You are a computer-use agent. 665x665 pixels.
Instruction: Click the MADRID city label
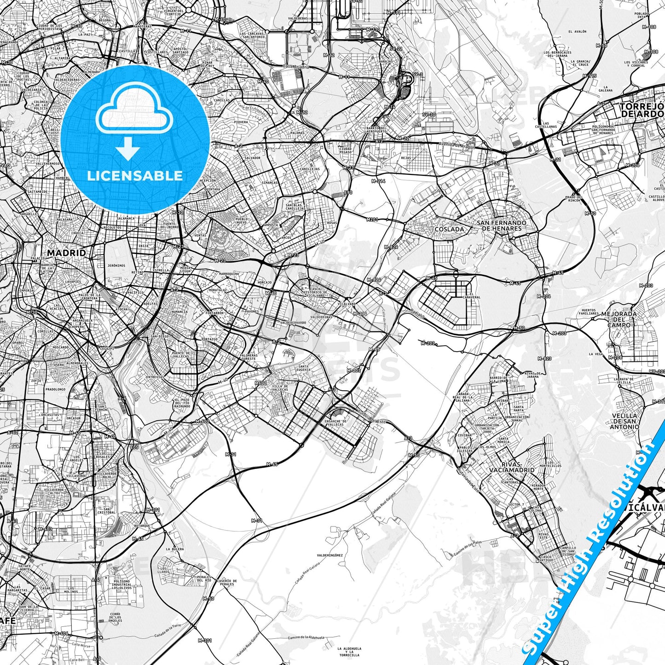66,253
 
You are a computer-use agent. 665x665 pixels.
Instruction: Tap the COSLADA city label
449,229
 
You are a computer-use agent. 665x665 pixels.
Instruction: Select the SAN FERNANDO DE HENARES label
501,226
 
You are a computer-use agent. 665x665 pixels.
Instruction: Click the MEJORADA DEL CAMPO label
619,319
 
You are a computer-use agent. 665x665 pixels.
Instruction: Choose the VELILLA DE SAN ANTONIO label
625,421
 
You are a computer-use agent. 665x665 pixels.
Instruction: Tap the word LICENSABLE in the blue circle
135,176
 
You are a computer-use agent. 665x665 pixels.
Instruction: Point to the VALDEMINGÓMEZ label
330,555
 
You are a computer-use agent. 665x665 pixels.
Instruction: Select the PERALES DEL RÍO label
204,578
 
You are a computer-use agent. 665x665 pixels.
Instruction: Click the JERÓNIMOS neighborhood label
116,266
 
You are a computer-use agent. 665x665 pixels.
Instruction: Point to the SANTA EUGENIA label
304,368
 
